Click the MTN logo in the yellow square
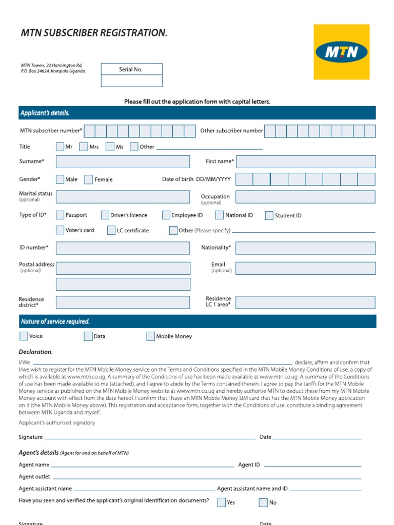(341, 52)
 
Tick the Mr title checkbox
(60, 147)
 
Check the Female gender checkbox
(88, 179)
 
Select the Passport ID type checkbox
(60, 215)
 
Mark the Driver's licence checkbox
(105, 215)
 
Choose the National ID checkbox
(219, 215)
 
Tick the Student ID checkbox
(269, 215)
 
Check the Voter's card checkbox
(60, 230)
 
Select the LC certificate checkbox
(111, 230)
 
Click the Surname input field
(123, 162)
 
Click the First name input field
(305, 162)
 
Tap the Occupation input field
(305, 197)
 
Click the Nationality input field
(305, 248)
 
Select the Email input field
(305, 268)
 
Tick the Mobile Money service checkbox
(150, 336)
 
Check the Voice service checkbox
(24, 336)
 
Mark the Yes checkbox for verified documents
(221, 502)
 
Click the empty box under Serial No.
(131, 80)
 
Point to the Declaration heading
(36, 352)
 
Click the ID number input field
(123, 248)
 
